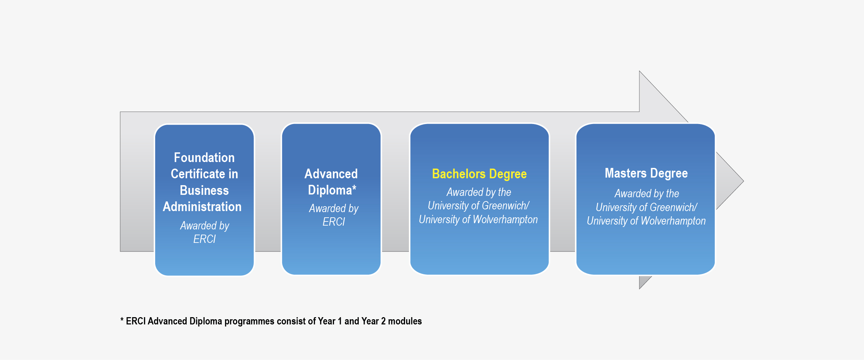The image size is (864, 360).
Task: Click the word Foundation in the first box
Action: pyautogui.click(x=204, y=158)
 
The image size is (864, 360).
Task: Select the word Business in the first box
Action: pyautogui.click(x=204, y=190)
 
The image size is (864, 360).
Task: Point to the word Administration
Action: pyautogui.click(x=202, y=207)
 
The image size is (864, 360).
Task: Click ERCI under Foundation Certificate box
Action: pyautogui.click(x=204, y=239)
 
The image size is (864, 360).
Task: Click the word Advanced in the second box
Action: pyautogui.click(x=331, y=174)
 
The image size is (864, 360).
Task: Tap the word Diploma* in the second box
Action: pyautogui.click(x=332, y=190)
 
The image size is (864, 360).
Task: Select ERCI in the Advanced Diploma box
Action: pyautogui.click(x=334, y=222)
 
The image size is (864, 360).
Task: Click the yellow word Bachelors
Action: pyautogui.click(x=459, y=174)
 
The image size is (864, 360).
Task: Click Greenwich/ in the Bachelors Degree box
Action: pyautogui.click(x=506, y=206)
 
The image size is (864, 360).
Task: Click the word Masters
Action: pyautogui.click(x=626, y=173)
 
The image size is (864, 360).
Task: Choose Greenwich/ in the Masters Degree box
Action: pyautogui.click(x=674, y=208)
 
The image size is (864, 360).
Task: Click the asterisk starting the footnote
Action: pyautogui.click(x=122, y=320)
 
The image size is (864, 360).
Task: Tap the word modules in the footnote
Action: pyautogui.click(x=405, y=322)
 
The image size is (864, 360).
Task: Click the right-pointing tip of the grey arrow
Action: pyautogui.click(x=743, y=181)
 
